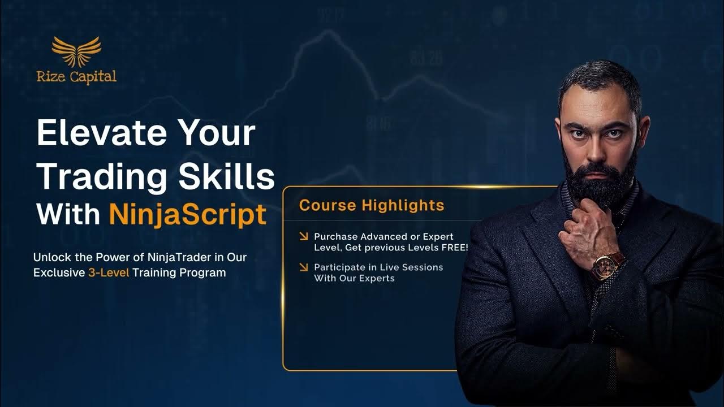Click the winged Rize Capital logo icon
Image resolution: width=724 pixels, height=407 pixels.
(76, 52)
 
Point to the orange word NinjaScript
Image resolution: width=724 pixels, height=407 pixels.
(188, 214)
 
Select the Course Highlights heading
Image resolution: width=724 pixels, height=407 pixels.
(372, 205)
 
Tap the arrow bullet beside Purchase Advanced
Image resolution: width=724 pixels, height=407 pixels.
(304, 236)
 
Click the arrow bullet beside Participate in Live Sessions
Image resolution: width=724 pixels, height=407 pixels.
(304, 267)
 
